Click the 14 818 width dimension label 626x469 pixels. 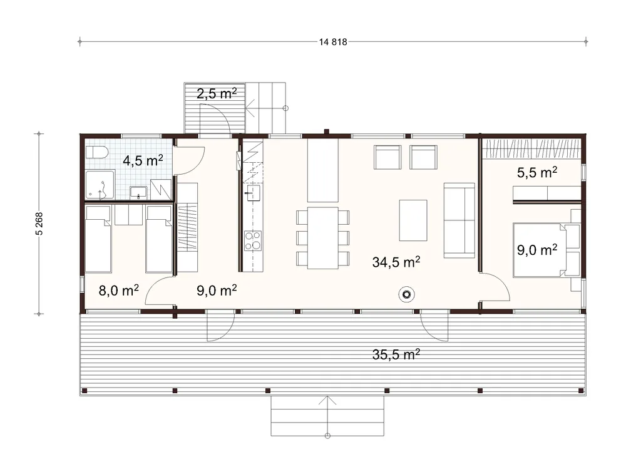coord(333,42)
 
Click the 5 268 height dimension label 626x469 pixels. coord(39,224)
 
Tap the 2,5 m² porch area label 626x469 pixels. coord(217,93)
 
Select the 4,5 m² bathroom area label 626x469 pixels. coord(143,160)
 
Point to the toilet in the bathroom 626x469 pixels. coord(96,152)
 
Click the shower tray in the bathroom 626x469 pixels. coord(100,185)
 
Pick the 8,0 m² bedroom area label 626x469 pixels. coord(118,290)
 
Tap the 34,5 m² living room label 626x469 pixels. coord(396,262)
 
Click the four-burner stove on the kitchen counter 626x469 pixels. coord(253,240)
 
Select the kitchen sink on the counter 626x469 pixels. coord(253,193)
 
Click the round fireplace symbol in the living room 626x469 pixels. coord(406,295)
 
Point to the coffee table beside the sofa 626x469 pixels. coord(413,220)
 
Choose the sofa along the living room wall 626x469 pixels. coord(459,220)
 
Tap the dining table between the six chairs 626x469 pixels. coord(322,238)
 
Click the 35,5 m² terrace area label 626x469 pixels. coord(396,354)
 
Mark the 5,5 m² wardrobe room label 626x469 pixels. coord(537,172)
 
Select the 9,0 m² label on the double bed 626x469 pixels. coord(537,250)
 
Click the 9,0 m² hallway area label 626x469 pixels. coord(217,290)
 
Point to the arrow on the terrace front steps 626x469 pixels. coord(327,416)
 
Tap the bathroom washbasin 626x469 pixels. coord(138,193)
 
